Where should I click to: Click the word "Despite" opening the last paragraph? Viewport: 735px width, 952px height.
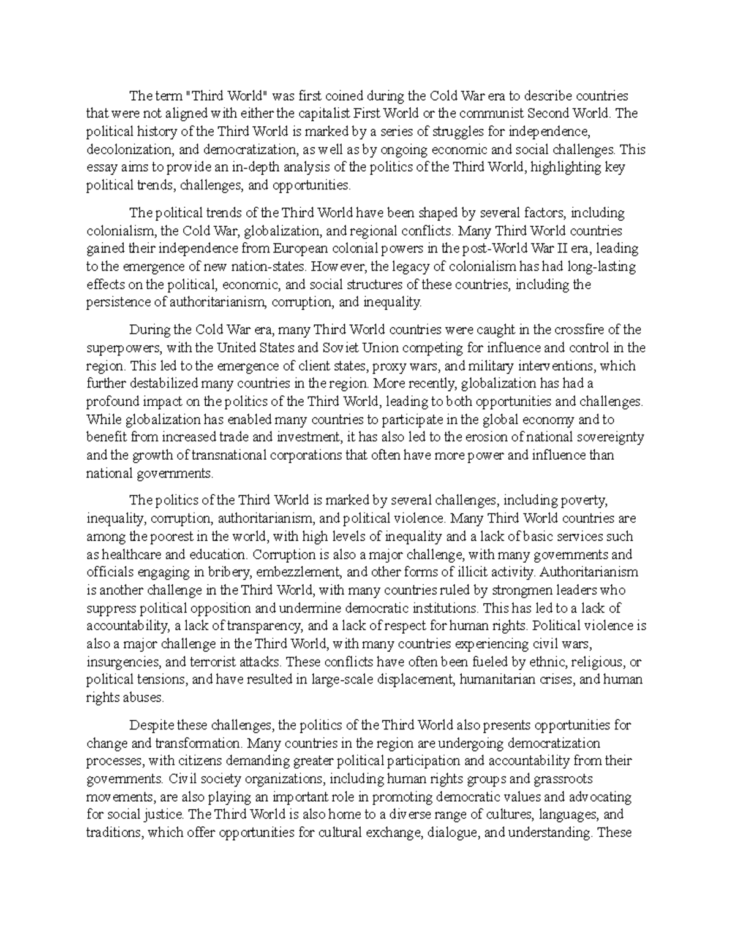coord(151,725)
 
